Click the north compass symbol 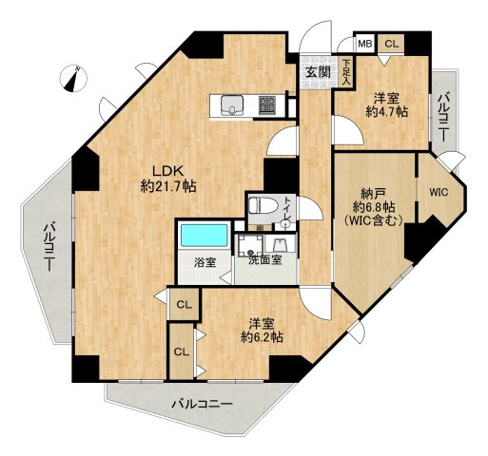coord(73,79)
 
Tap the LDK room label coord(168,171)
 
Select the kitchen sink coord(232,104)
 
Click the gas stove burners coord(267,105)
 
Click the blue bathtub coord(205,235)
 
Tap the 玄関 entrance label coord(318,72)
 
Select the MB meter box coord(365,44)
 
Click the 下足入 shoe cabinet coord(346,72)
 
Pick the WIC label coord(439,192)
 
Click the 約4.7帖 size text coord(386,112)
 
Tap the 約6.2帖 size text coord(262,337)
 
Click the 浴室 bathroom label coord(205,262)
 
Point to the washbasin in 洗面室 coord(280,245)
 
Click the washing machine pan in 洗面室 coord(250,245)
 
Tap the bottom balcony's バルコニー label coord(202,404)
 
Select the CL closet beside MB coord(391,44)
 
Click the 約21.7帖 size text coord(168,186)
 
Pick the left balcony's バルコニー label coord(49,247)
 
